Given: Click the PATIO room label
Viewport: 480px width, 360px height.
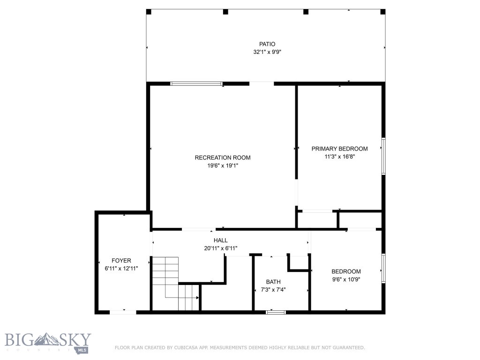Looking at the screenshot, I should [x=267, y=44].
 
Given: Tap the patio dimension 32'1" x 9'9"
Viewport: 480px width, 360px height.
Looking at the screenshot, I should [x=267, y=52].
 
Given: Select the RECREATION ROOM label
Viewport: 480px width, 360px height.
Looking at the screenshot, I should [x=223, y=157].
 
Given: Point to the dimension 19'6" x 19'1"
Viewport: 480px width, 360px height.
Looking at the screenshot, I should [x=223, y=165].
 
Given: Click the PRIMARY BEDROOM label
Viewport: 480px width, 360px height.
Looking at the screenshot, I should [x=339, y=149].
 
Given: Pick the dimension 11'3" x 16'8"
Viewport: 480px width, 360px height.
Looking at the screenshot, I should [x=339, y=157].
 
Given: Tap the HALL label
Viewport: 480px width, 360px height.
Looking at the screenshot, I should [x=220, y=240].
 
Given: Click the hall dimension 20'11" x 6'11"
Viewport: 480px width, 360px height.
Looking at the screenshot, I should [x=220, y=248].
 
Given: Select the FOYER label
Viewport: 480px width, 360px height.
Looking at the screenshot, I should [x=121, y=260].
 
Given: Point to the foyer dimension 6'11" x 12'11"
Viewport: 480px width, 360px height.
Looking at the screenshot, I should [x=121, y=268].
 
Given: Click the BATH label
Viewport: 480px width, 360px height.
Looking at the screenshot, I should [x=273, y=282].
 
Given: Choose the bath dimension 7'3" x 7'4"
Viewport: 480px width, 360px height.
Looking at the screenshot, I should [x=273, y=290].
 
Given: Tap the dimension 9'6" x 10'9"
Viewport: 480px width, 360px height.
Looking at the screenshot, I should [x=346, y=279].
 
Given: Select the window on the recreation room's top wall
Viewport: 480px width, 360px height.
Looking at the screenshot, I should [x=196, y=83].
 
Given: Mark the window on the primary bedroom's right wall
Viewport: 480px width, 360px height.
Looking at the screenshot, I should [x=383, y=156].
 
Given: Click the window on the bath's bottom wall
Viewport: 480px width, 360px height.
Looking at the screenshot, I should [x=276, y=312].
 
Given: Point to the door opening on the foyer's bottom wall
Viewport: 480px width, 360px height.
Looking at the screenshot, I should [x=123, y=312].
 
